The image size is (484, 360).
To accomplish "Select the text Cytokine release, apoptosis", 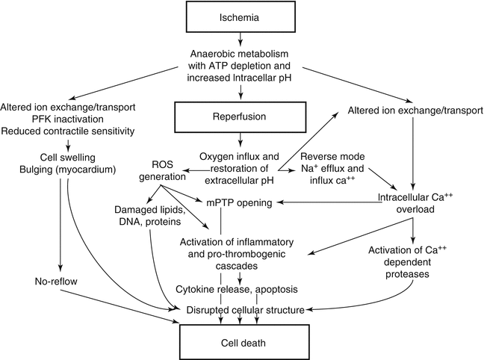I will [238, 288].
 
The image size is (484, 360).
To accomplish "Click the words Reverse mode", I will [332, 155].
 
